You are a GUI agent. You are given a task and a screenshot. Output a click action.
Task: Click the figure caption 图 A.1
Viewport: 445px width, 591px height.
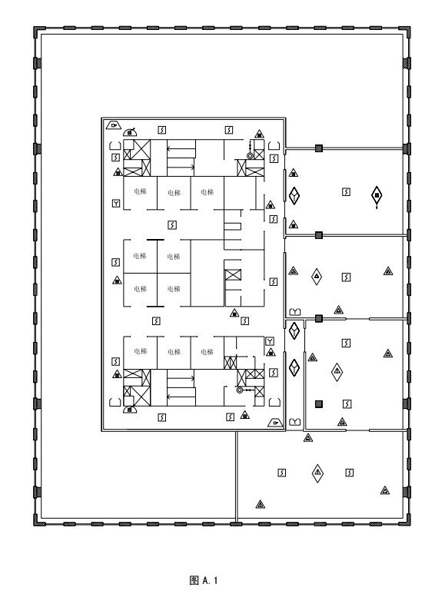point(204,579)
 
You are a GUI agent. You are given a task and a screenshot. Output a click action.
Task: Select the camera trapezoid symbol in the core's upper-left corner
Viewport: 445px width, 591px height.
point(114,125)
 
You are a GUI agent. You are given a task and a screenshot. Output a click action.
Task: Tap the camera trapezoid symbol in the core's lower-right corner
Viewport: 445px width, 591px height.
point(275,423)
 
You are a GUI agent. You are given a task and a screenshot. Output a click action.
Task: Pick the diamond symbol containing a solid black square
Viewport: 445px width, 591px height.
point(377,195)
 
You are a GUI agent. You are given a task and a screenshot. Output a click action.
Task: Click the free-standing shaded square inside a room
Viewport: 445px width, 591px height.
point(319,404)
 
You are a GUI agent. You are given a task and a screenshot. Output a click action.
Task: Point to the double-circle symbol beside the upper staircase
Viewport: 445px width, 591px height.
point(250,155)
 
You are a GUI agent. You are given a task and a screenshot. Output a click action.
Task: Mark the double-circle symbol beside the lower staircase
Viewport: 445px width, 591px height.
point(240,390)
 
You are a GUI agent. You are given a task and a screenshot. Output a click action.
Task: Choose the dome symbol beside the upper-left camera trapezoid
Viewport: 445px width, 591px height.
point(130,132)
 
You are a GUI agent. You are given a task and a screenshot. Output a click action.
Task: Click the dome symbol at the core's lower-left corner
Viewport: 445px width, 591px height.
point(130,410)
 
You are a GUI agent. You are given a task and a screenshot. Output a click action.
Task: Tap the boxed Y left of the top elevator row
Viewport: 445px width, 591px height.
point(116,204)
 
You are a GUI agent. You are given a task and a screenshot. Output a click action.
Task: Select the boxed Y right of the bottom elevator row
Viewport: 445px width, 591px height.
point(270,341)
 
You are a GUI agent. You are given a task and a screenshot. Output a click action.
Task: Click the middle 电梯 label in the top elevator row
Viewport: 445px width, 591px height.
point(174,193)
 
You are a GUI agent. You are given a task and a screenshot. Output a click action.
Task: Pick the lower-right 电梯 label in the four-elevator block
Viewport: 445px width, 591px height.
point(174,289)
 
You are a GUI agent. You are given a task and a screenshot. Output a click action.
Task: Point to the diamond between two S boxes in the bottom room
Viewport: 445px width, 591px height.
point(317,473)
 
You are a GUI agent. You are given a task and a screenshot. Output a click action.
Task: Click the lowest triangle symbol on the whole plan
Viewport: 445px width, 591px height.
point(260,504)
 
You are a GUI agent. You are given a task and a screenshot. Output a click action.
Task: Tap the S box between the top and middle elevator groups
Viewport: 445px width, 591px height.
point(172,225)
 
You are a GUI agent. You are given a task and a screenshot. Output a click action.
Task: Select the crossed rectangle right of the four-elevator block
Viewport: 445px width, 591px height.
point(233,275)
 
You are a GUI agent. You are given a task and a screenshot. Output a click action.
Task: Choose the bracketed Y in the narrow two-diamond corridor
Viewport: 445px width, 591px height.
point(294,422)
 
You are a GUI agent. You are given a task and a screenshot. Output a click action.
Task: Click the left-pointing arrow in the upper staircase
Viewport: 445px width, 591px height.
point(181,148)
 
